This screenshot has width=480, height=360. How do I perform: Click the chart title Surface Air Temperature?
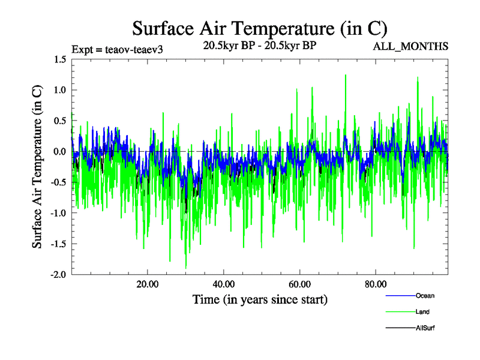[x=260, y=28]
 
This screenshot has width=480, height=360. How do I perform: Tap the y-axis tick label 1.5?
[x=59, y=59]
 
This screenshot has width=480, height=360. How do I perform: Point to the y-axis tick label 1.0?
[x=59, y=90]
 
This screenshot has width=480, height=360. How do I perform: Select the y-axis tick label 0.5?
[x=59, y=121]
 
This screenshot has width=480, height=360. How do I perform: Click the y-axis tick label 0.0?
[x=59, y=151]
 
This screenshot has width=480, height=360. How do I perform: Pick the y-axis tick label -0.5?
[x=58, y=182]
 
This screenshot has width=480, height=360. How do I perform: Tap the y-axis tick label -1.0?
[x=58, y=213]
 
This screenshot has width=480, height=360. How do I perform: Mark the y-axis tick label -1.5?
[x=58, y=244]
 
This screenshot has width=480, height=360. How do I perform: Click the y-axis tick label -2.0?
[x=58, y=274]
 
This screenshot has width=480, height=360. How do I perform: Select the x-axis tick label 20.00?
[x=147, y=284]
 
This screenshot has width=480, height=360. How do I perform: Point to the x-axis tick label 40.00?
[x=223, y=284]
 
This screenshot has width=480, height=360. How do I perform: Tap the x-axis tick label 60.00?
[x=299, y=284]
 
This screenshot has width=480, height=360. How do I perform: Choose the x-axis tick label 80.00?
[x=375, y=284]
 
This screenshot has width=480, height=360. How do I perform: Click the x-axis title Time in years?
[x=260, y=299]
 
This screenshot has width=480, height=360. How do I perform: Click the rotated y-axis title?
[x=37, y=167]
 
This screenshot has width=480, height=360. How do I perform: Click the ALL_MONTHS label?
[x=410, y=46]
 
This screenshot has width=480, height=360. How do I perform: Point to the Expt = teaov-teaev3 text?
[x=117, y=49]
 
